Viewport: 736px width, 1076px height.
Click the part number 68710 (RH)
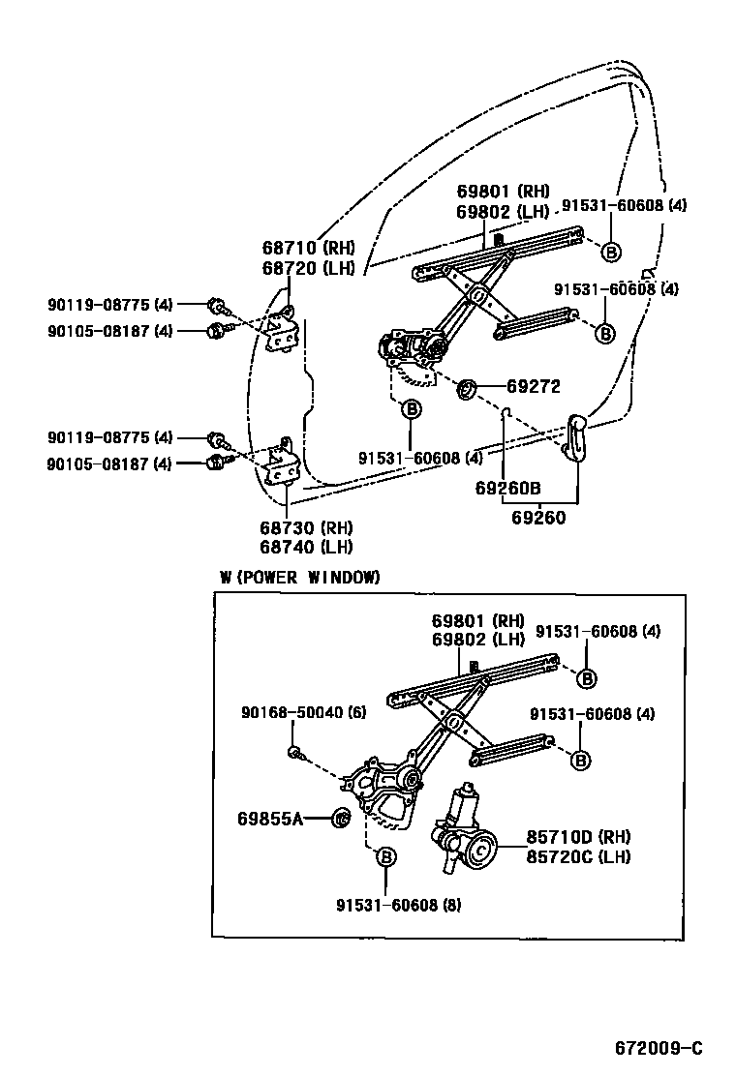pos(307,248)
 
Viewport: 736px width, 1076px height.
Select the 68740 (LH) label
pos(306,546)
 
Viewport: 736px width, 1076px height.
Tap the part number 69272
pos(534,386)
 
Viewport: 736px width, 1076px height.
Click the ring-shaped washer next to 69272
pos(466,389)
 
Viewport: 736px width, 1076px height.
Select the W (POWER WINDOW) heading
pos(299,577)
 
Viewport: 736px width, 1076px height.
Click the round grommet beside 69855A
pos(341,819)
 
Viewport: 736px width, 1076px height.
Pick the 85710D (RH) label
pos(578,837)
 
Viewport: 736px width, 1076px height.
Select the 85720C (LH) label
pos(578,856)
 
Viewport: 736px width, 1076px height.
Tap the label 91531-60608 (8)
pos(399,905)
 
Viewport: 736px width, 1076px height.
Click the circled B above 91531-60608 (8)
pos(384,857)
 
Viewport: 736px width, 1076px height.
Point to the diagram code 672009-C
pos(658,1048)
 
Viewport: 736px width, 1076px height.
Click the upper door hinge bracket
pos(284,331)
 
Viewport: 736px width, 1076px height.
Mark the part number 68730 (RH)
pos(306,527)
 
